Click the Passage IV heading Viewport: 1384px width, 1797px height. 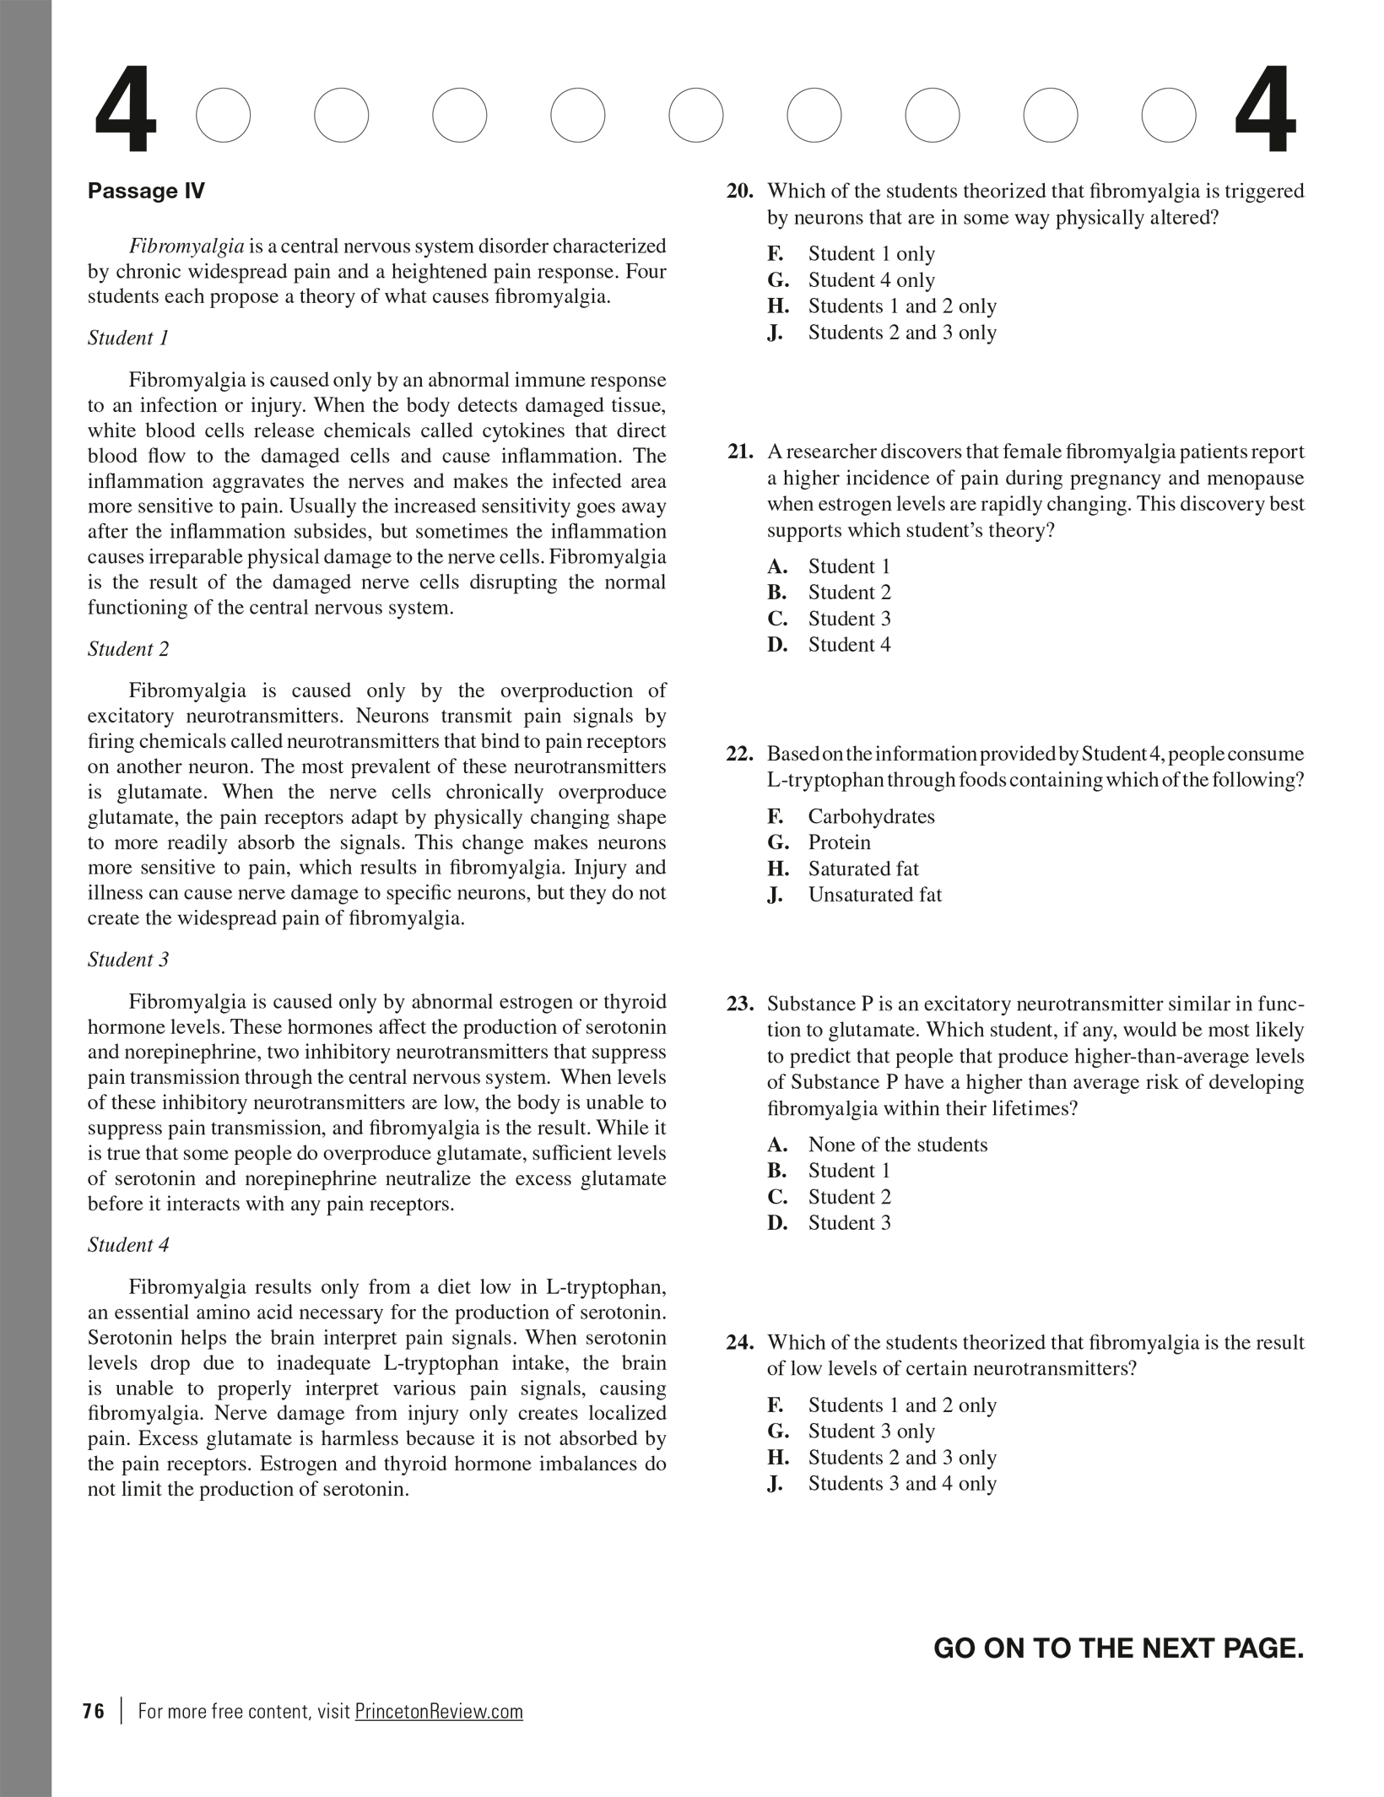[x=146, y=191]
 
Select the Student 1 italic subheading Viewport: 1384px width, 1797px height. [x=128, y=338]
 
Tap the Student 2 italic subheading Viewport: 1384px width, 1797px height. [x=128, y=649]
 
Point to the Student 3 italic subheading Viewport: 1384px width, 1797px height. [x=128, y=960]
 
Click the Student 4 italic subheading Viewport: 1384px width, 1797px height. [x=128, y=1245]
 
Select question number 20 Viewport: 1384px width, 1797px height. [x=740, y=192]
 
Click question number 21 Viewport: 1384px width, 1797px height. [x=740, y=452]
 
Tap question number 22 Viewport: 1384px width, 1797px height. [x=740, y=754]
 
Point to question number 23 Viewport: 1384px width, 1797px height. [x=740, y=1004]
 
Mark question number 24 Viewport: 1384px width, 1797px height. [x=740, y=1343]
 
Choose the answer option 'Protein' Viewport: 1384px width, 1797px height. [x=839, y=842]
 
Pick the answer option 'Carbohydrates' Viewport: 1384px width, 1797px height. [x=871, y=816]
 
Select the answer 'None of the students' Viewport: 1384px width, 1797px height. [x=897, y=1145]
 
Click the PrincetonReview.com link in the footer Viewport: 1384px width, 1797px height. [x=439, y=1712]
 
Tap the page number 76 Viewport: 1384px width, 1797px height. [x=94, y=1712]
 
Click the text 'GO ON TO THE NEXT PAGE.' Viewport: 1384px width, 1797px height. [x=1118, y=1648]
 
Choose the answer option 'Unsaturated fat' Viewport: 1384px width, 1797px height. [x=874, y=895]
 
